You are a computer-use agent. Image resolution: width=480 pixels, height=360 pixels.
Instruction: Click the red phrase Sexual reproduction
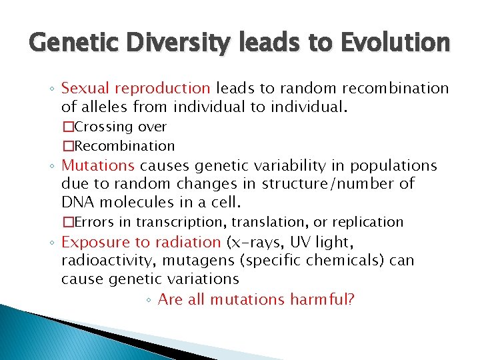pos(135,89)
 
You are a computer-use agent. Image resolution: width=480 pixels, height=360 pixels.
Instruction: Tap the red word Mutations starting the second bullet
pos(98,165)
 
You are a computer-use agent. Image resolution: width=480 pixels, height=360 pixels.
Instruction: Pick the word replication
pos(370,222)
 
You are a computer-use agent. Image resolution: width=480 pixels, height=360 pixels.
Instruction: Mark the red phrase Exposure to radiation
pos(141,243)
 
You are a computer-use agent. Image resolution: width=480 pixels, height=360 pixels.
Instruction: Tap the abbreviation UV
pos(298,243)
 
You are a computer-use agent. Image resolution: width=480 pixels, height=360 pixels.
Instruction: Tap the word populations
pos(395,165)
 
